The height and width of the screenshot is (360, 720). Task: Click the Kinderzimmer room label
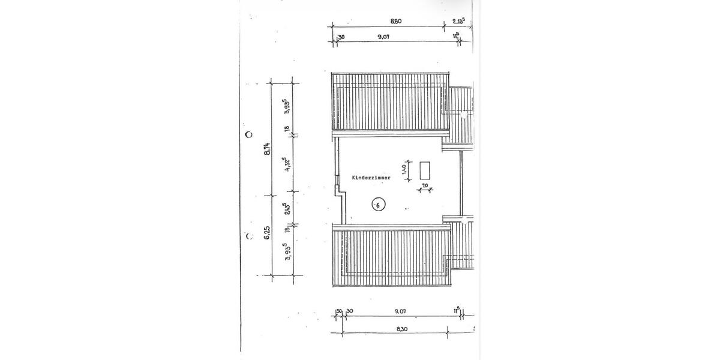pos(371,178)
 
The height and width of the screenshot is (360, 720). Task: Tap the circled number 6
pos(377,205)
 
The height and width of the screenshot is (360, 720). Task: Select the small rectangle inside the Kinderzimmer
pos(425,170)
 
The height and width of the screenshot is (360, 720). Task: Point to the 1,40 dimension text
pos(406,170)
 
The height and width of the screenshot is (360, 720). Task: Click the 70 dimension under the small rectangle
pos(425,187)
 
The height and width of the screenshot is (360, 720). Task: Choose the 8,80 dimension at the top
pos(395,21)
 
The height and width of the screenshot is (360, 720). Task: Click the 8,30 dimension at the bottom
pos(397,329)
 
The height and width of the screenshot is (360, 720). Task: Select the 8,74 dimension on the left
pos(268,148)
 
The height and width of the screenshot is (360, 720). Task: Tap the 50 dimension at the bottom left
pos(339,311)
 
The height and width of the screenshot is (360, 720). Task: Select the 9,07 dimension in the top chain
pos(384,37)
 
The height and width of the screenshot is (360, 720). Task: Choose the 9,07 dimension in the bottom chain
pos(401,311)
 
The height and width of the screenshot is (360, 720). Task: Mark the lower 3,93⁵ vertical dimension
pos(287,253)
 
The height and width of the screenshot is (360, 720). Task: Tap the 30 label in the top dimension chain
pos(341,37)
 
